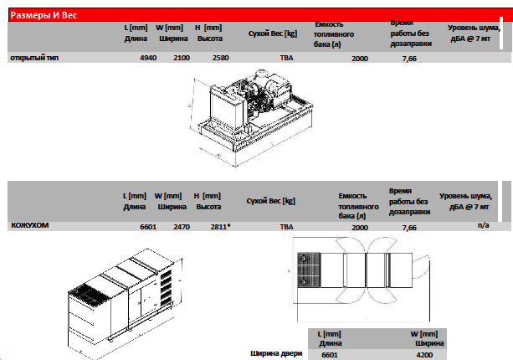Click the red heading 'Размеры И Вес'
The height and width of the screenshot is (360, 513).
44,15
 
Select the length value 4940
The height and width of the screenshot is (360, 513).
148,58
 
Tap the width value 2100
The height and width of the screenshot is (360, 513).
182,58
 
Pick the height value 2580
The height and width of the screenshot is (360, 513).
220,58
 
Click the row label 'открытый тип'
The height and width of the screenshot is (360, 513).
34,58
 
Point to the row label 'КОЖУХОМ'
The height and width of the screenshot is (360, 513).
30,225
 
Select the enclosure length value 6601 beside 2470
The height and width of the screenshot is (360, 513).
148,227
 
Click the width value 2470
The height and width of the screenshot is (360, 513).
182,227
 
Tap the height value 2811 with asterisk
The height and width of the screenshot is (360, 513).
220,227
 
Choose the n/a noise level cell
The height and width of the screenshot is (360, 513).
483,225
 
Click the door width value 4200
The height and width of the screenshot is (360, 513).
424,355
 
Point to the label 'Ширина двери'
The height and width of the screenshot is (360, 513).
276,353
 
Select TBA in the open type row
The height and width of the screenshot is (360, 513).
286,58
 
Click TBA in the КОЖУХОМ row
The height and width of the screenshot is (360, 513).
286,227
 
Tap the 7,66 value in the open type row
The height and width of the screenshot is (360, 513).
409,59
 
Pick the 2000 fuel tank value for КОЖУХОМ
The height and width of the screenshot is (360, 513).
360,228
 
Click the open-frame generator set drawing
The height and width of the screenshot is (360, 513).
250,118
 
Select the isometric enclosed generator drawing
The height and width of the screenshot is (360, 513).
125,303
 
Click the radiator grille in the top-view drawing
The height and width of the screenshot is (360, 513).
309,270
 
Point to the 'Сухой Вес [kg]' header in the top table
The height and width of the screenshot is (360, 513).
273,33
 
